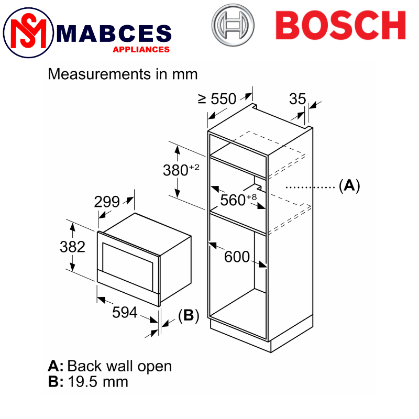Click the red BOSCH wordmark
pos(341,25)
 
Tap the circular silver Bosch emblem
pos(233,25)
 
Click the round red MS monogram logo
pos(28,32)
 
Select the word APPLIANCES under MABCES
pos(141,49)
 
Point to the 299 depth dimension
pos(107,202)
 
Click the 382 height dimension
pos(72,247)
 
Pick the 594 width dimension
pos(125,312)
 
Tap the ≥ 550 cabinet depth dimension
pos(217,99)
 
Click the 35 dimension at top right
pos(297,99)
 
